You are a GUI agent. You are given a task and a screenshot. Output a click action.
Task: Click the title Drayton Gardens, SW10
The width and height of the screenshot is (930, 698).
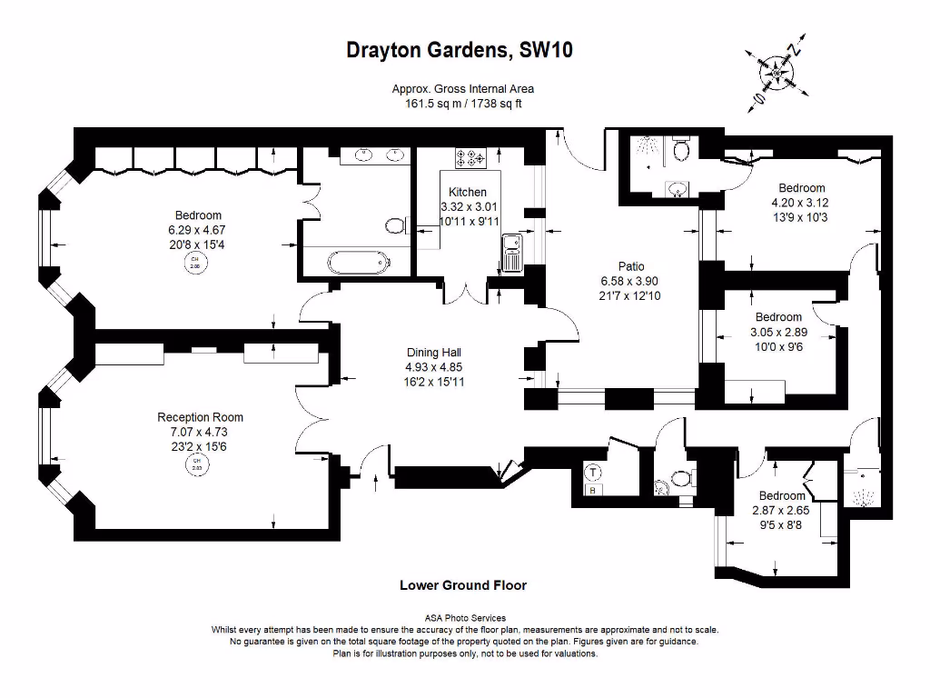coord(460,50)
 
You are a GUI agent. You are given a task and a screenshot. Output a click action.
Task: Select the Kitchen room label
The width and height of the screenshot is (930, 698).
coord(468,192)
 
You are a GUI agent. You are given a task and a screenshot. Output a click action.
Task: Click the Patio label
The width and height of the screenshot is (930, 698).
coord(631,266)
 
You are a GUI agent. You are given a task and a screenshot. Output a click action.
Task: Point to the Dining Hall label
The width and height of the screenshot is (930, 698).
coord(433,353)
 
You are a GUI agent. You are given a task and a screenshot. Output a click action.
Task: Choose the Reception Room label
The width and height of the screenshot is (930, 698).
coord(200,417)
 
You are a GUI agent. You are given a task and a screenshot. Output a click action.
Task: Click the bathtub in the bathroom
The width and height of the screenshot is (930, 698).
coord(358,264)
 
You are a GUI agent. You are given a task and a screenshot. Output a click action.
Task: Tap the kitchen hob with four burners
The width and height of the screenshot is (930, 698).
coord(471,158)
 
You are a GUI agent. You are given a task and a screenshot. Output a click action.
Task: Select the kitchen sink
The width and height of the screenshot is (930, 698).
coord(512,252)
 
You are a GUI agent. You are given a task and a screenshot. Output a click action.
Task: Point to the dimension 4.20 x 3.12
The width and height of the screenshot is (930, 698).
coord(799,204)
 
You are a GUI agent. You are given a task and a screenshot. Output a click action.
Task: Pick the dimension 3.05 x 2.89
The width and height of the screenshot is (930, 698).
coord(778,333)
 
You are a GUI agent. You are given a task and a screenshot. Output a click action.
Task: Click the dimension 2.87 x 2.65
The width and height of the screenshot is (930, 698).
coord(782,511)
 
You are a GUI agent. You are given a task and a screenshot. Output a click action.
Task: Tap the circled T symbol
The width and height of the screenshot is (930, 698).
coord(592,473)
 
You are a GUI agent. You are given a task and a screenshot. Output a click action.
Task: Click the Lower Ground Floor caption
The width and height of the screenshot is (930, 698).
coord(463,585)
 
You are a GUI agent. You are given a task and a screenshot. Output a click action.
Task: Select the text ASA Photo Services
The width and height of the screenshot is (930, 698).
coord(465,618)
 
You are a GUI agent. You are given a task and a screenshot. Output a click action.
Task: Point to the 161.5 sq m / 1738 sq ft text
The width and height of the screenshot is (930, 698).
coord(463,104)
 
